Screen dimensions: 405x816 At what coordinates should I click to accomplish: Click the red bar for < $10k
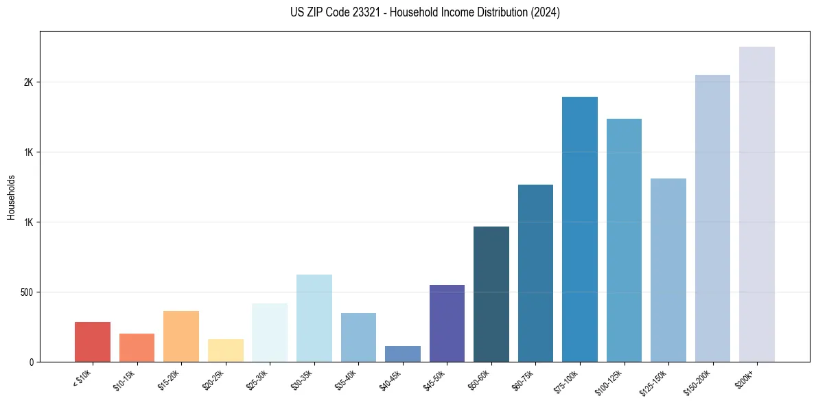[92, 342]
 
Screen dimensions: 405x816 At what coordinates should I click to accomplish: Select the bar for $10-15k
[137, 348]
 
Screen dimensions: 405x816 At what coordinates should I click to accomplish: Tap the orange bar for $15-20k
[181, 336]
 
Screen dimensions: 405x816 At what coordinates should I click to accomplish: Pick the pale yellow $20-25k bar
[225, 351]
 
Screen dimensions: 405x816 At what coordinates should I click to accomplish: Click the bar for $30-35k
[314, 318]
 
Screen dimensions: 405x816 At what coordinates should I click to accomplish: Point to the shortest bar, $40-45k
[403, 354]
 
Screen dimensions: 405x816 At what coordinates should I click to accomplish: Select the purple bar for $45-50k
[447, 323]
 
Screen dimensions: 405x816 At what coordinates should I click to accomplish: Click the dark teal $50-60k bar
[491, 294]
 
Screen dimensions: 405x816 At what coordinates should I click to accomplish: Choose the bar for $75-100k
[580, 229]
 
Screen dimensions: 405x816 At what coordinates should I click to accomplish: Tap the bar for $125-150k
[668, 270]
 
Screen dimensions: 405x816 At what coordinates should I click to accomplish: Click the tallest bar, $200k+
[757, 204]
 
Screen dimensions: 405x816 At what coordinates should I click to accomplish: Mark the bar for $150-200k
[712, 218]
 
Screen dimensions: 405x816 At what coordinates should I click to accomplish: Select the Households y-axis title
[11, 196]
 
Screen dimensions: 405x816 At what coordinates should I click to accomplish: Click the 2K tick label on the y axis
[28, 82]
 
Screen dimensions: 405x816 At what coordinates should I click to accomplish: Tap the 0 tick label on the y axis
[31, 362]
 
